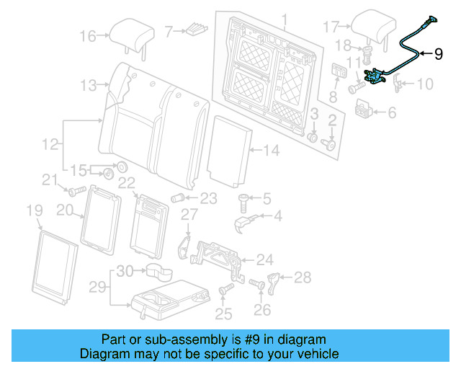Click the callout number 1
(x=284, y=19)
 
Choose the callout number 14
(x=271, y=151)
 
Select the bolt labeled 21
(x=74, y=192)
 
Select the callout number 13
(x=88, y=86)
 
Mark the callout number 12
(x=50, y=145)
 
